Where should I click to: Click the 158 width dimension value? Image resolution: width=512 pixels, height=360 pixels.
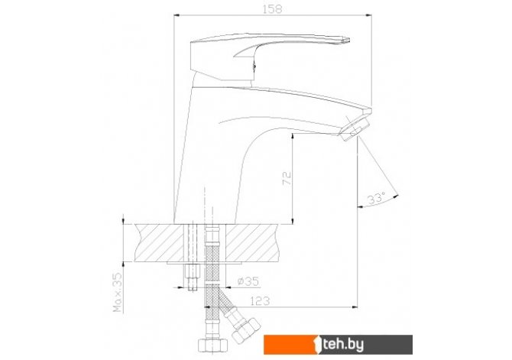click(x=272, y=9)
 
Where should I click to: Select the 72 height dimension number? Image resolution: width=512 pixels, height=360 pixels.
click(x=287, y=178)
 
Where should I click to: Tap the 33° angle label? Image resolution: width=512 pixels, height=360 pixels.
click(x=376, y=198)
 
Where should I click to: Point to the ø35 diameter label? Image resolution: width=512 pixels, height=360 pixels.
click(x=248, y=281)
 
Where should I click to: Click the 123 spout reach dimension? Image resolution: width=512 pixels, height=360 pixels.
click(x=260, y=300)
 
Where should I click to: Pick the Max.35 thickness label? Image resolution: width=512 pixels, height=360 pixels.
click(x=117, y=293)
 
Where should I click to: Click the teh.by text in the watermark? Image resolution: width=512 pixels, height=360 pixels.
click(x=343, y=345)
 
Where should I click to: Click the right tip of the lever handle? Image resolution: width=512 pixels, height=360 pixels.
click(x=349, y=41)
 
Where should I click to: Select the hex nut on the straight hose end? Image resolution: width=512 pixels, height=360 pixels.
click(x=212, y=345)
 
